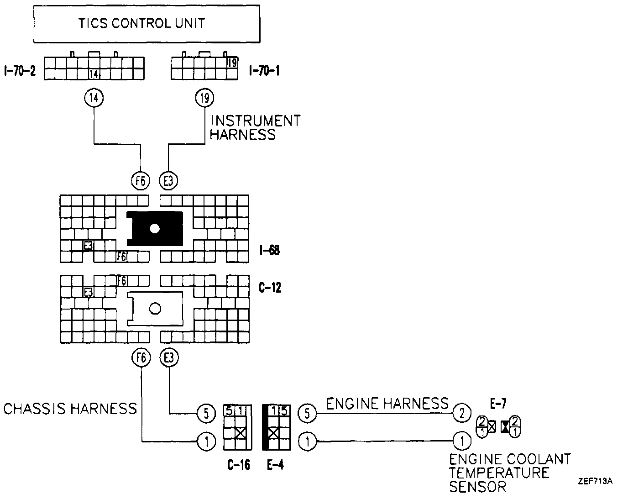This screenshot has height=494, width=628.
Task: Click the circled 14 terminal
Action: (x=94, y=97)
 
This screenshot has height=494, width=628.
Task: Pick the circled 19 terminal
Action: (x=204, y=97)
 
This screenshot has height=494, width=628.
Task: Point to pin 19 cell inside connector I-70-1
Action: (x=232, y=63)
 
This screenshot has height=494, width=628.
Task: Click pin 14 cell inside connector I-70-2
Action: (x=94, y=74)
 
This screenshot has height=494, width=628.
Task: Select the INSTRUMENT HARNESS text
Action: (x=255, y=127)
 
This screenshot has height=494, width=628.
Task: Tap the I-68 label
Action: (x=268, y=250)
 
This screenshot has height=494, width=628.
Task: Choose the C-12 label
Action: (x=269, y=288)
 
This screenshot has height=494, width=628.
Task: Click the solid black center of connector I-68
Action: (x=155, y=228)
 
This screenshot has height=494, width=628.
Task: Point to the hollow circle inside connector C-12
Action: (x=155, y=309)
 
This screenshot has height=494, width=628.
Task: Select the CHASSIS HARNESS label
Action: (x=70, y=408)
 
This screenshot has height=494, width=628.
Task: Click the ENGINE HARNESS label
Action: (x=387, y=404)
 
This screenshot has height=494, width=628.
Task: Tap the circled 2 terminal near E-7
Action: (x=462, y=414)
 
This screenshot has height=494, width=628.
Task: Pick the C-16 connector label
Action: (x=239, y=465)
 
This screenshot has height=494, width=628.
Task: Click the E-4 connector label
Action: (x=275, y=465)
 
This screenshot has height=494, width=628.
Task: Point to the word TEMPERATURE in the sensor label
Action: (x=499, y=473)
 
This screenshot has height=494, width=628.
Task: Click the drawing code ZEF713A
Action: (x=595, y=481)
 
